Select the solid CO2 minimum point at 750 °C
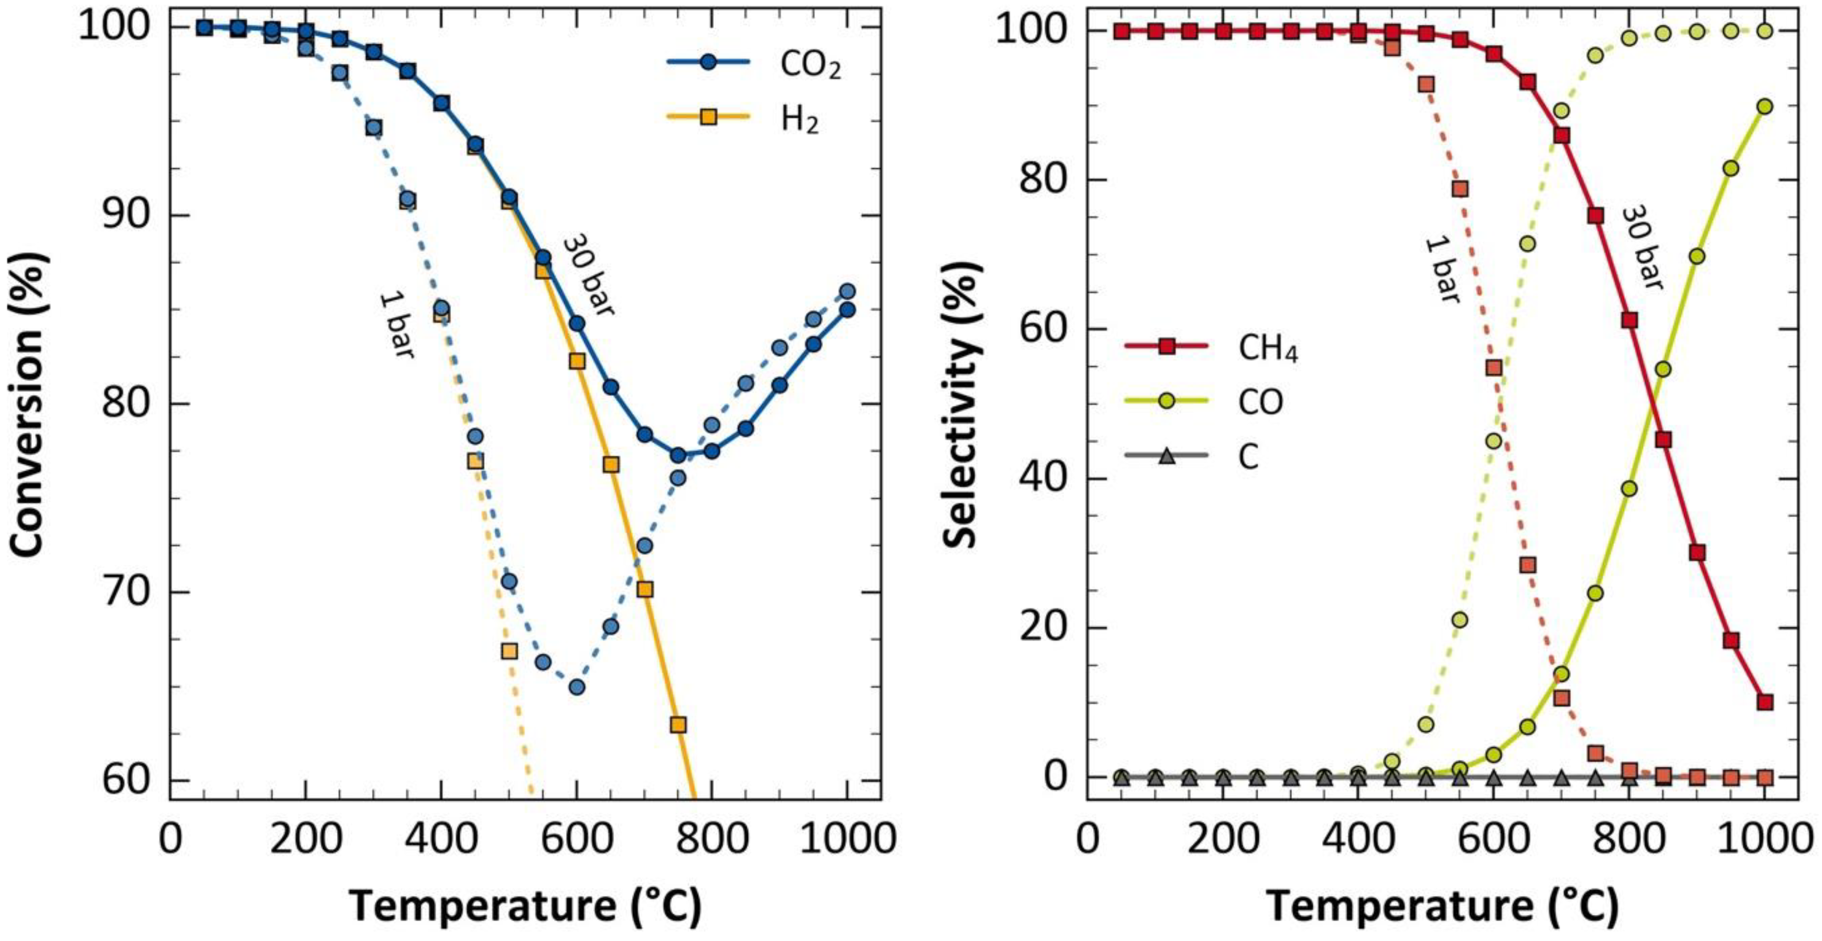click(x=678, y=455)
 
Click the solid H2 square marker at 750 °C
click(x=678, y=725)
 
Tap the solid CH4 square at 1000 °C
click(x=1765, y=702)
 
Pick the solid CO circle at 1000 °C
click(x=1765, y=107)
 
